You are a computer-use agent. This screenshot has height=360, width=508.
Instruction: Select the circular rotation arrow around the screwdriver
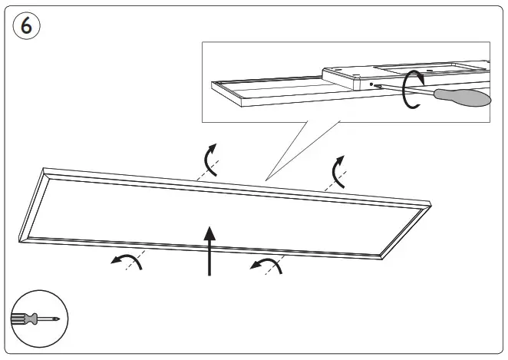[413, 88]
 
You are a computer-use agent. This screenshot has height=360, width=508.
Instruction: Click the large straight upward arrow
[209, 249]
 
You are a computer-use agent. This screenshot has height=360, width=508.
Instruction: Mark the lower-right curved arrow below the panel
[266, 265]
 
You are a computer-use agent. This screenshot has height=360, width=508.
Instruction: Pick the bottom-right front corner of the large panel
[381, 257]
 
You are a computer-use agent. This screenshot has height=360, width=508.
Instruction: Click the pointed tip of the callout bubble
[266, 180]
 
